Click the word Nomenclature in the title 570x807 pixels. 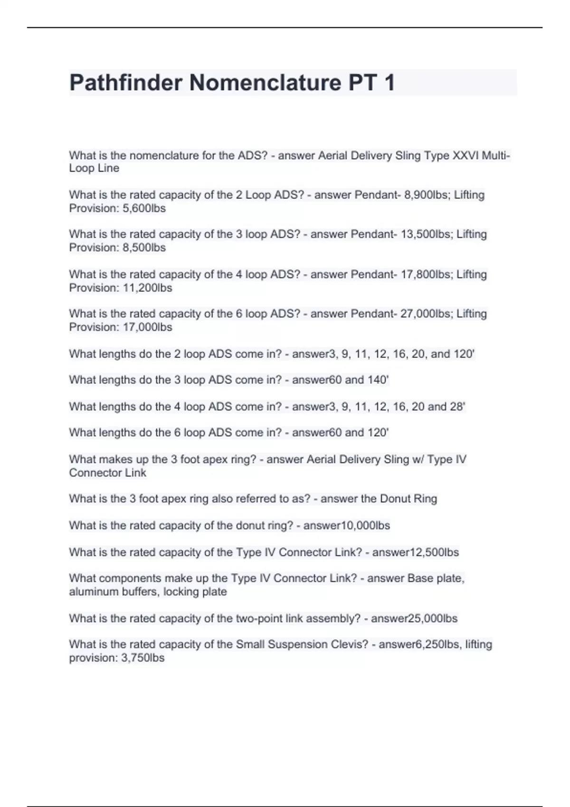(x=265, y=83)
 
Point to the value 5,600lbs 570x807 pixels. (x=144, y=208)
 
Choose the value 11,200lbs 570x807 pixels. (x=147, y=288)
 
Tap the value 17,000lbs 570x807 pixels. (x=147, y=328)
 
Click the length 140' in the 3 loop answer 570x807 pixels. (x=378, y=380)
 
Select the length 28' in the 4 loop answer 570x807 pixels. (x=458, y=407)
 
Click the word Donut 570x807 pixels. (x=396, y=499)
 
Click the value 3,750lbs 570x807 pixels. (x=143, y=658)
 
